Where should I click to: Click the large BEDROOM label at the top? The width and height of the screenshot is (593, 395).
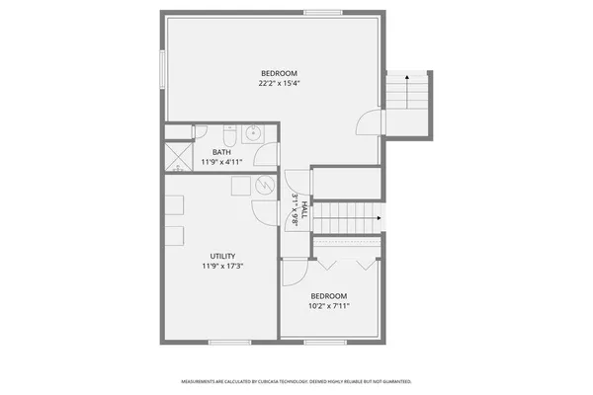tap(279, 73)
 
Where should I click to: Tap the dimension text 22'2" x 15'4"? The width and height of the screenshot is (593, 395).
tap(279, 84)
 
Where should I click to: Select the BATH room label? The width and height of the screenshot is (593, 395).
tap(221, 151)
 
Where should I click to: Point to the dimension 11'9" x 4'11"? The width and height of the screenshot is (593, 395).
tap(221, 161)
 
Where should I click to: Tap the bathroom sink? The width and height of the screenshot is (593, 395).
tap(253, 133)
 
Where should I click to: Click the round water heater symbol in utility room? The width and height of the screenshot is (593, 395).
tap(264, 185)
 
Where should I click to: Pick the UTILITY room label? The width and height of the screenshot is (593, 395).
tap(221, 256)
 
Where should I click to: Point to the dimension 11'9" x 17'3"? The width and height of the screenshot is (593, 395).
tap(221, 266)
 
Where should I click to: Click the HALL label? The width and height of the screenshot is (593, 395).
tap(304, 209)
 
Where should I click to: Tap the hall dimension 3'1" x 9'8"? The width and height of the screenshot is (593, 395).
tap(295, 209)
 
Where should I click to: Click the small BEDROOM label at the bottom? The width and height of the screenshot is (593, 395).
tap(328, 296)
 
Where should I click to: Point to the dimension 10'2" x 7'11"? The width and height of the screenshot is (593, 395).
tap(328, 306)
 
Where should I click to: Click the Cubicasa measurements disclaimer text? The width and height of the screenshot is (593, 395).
tap(296, 381)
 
